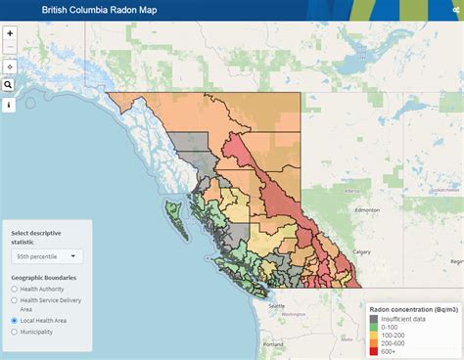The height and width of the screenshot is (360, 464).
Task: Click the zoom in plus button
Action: [10, 33]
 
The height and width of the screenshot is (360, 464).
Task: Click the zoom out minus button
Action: [10, 46]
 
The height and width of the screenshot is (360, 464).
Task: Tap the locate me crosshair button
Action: [10, 66]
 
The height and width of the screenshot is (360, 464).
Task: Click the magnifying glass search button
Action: [10, 85]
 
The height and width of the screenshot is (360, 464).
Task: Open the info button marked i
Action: [10, 105]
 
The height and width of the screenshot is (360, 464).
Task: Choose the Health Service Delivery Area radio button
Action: [14, 300]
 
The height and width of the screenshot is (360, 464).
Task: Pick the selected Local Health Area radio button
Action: [14, 320]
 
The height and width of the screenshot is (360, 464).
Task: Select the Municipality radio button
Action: [14, 332]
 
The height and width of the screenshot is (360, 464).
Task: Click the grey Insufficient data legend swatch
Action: [373, 319]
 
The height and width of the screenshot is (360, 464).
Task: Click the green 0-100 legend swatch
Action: [373, 328]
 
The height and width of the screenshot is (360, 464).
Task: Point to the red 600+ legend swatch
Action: [373, 351]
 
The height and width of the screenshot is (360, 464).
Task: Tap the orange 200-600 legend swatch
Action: [373, 343]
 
